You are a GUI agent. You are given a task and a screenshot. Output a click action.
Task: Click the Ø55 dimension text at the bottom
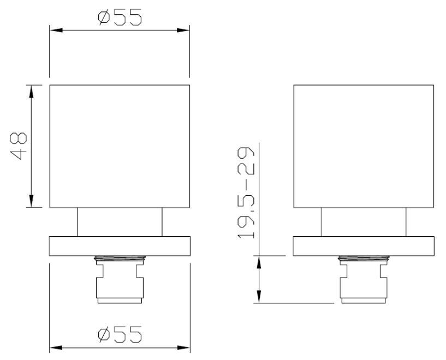coord(120,334)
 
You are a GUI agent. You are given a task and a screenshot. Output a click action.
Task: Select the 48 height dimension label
coord(20,146)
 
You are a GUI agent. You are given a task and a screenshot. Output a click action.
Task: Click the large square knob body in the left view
coord(120,146)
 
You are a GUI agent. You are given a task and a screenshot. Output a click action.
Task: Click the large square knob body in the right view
coord(364,146)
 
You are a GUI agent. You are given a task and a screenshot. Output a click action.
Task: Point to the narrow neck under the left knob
coord(120,222)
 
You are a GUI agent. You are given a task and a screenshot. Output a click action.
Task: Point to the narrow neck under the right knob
coord(364,222)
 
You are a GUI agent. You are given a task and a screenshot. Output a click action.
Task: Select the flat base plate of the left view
coord(120,245)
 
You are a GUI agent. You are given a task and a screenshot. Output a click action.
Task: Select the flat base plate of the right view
coord(364,245)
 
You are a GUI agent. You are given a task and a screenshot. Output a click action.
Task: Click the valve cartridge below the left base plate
coord(120,281)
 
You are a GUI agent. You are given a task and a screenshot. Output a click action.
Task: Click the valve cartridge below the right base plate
coord(364,281)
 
